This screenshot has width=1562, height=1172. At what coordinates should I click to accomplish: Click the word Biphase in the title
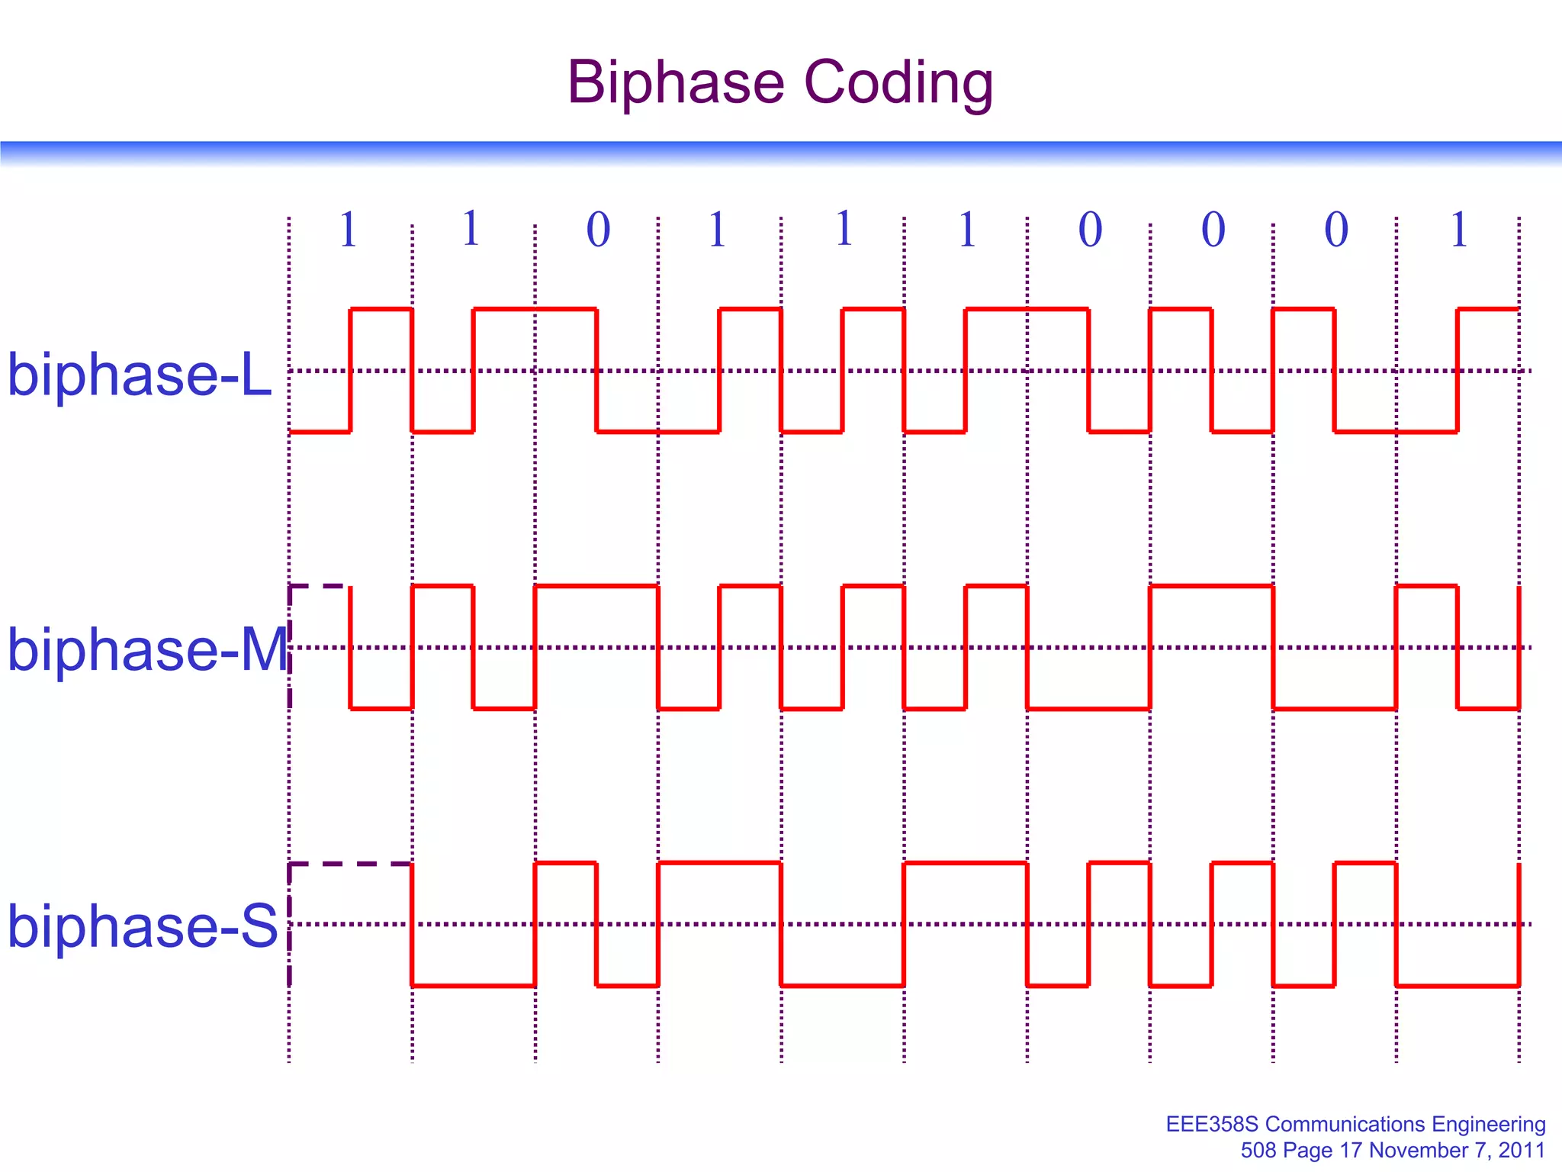(676, 82)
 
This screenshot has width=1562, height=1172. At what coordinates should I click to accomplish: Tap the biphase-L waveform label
(140, 375)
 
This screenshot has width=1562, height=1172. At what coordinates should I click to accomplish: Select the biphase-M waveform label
(147, 649)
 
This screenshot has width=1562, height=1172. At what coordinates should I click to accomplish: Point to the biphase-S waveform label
(143, 926)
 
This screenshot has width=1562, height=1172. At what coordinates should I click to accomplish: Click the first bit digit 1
(349, 229)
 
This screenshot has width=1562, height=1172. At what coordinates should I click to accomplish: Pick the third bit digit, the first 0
(598, 229)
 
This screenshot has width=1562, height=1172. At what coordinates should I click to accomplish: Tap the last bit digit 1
(1459, 229)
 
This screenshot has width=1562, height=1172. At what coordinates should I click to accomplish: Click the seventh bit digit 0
(1090, 229)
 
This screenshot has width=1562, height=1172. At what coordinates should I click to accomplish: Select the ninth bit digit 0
(1336, 229)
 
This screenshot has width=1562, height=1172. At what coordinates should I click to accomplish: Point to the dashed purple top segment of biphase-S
(351, 864)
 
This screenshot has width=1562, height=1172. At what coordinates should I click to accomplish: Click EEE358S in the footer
(1212, 1124)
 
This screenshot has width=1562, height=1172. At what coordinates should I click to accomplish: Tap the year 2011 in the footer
(1522, 1150)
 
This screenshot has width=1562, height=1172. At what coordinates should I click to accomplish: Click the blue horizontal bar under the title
(781, 152)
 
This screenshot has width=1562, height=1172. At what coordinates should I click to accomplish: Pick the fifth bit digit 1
(844, 229)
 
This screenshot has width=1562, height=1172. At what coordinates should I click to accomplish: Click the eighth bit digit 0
(1213, 229)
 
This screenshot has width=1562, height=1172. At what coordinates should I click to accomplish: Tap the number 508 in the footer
(1258, 1150)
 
